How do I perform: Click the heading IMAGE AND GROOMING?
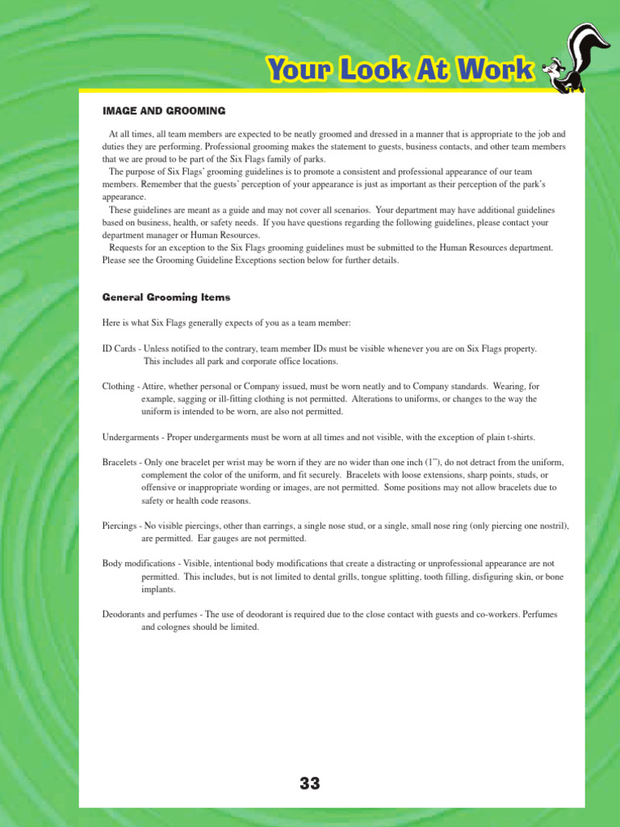coord(163,110)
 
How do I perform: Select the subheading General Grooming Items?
coord(165,297)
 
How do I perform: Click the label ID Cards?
coord(119,349)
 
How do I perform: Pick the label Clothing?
coord(118,387)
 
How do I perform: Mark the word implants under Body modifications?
coord(158,590)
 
